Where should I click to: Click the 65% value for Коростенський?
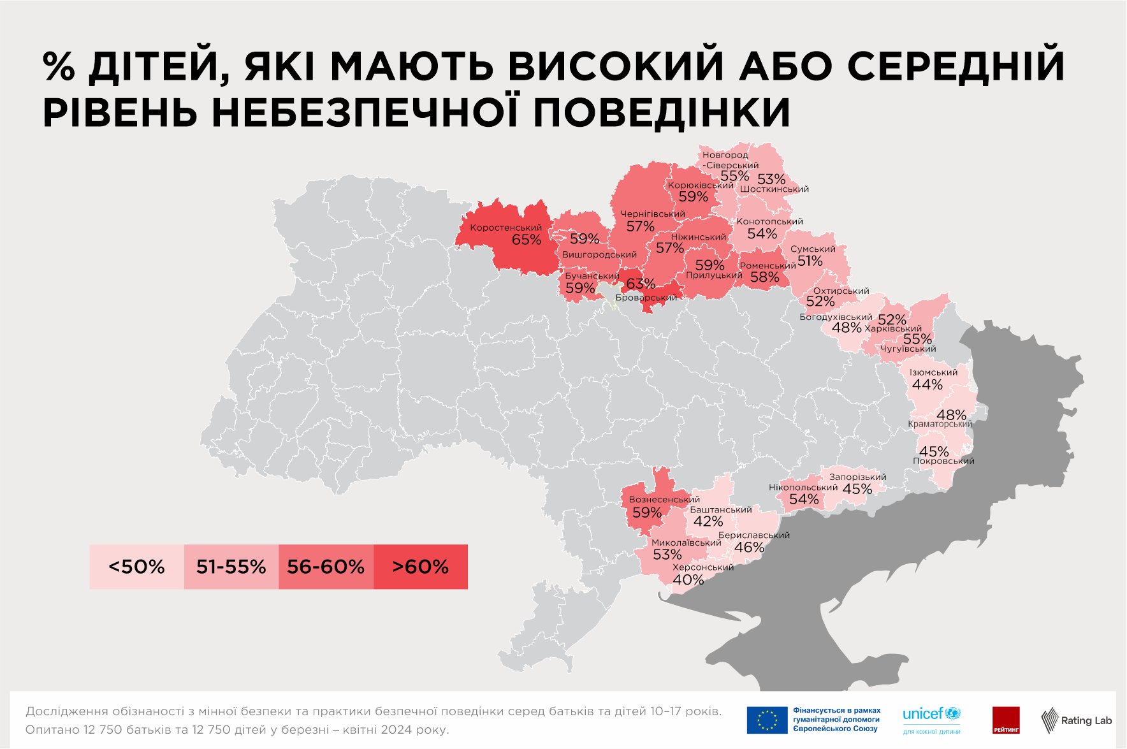pyautogui.click(x=526, y=240)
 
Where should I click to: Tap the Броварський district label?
pyautogui.click(x=646, y=298)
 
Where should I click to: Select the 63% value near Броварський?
pyautogui.click(x=640, y=284)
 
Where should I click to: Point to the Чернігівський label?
pyautogui.click(x=653, y=214)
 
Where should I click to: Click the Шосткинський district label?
pyautogui.click(x=774, y=189)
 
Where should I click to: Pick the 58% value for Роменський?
pyautogui.click(x=764, y=277)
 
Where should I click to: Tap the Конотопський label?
pyautogui.click(x=769, y=222)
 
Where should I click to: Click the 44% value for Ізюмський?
pyautogui.click(x=927, y=385)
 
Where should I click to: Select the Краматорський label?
pyautogui.click(x=940, y=425)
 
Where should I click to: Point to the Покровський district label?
pyautogui.click(x=943, y=462)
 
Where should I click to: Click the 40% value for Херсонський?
pyautogui.click(x=688, y=580)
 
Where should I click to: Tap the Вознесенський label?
pyautogui.click(x=664, y=500)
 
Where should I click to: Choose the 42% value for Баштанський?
pyautogui.click(x=708, y=522)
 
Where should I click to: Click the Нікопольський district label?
pyautogui.click(x=803, y=488)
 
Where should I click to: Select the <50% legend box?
pyautogui.click(x=136, y=567)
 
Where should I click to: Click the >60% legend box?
pyautogui.click(x=421, y=567)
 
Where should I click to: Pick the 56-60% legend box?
pyautogui.click(x=326, y=567)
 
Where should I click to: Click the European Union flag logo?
pyautogui.click(x=767, y=720)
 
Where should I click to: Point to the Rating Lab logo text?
pyautogui.click(x=1086, y=721)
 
